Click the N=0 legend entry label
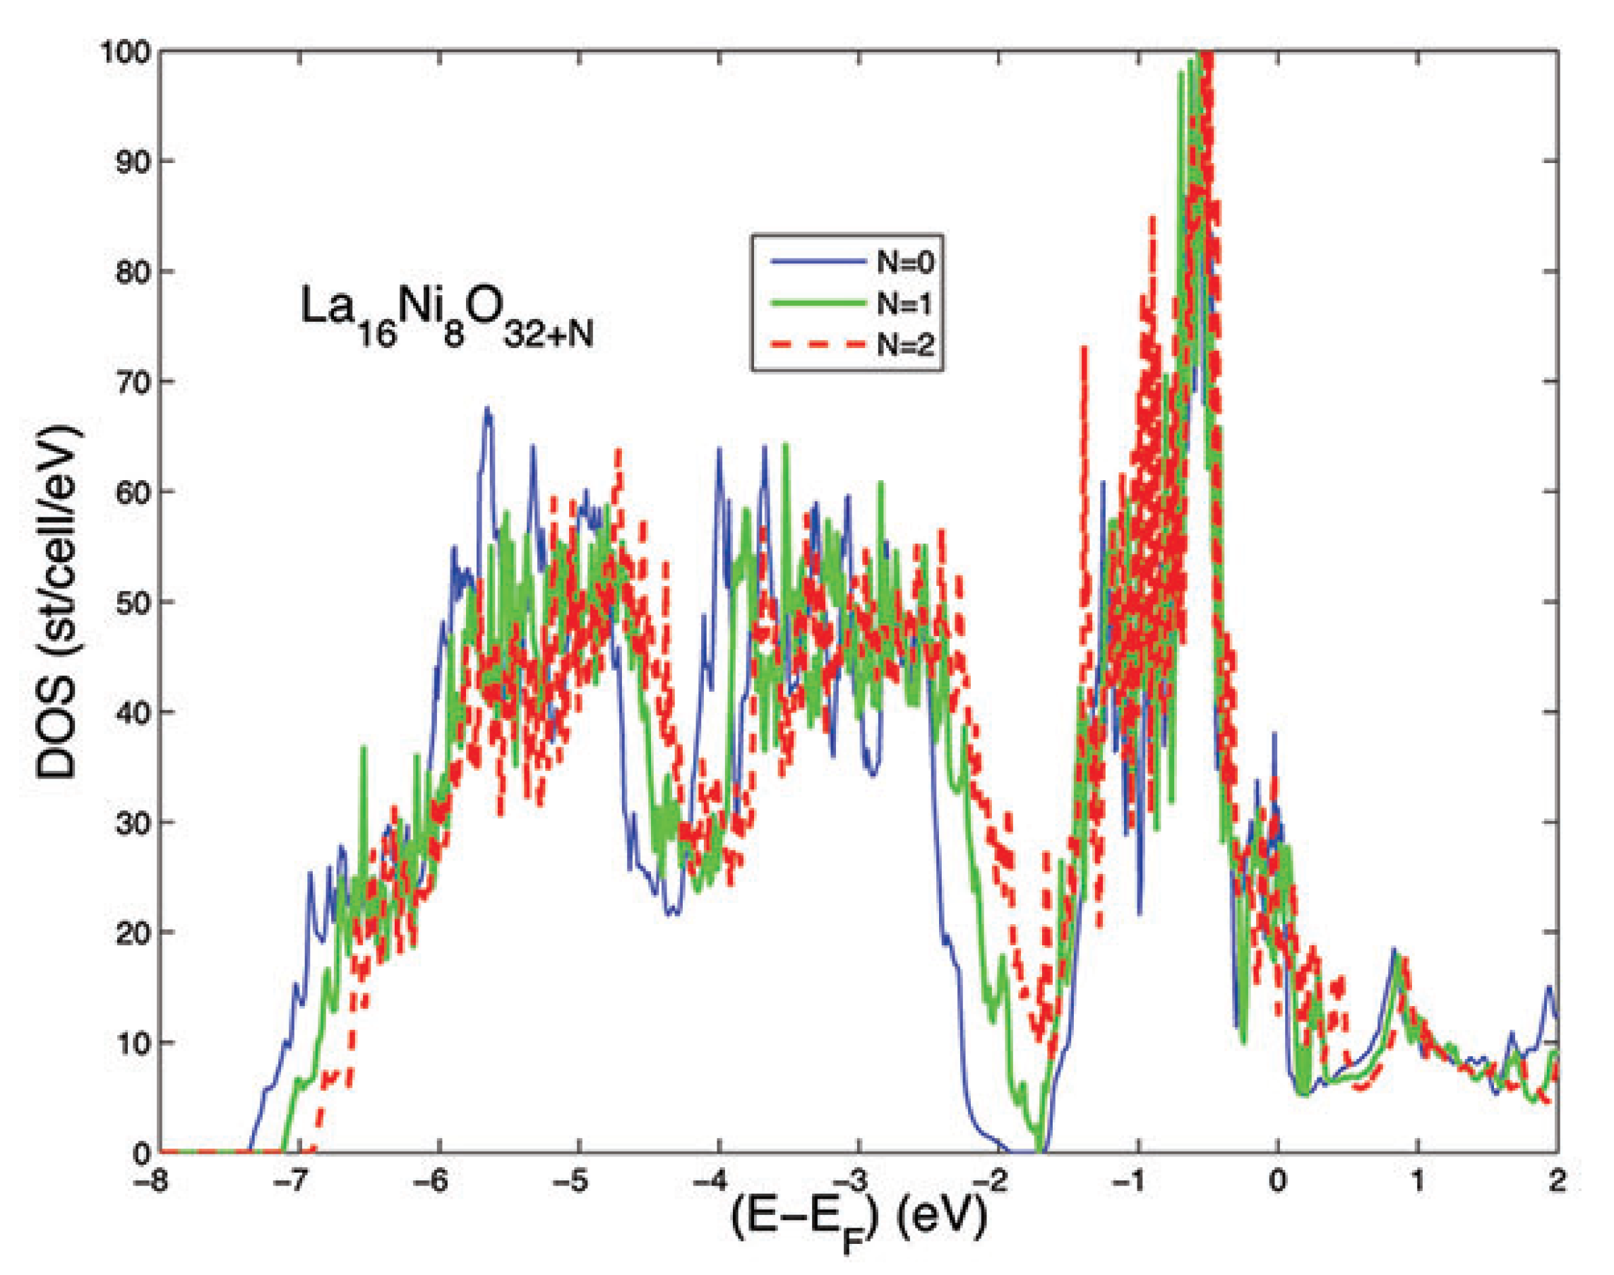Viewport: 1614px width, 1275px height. (x=905, y=262)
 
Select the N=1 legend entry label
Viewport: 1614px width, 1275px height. (x=905, y=304)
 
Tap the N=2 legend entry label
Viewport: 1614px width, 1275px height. (x=905, y=346)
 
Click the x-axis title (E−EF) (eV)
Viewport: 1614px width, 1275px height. (x=859, y=1221)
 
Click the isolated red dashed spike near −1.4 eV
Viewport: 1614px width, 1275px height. (x=1083, y=351)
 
